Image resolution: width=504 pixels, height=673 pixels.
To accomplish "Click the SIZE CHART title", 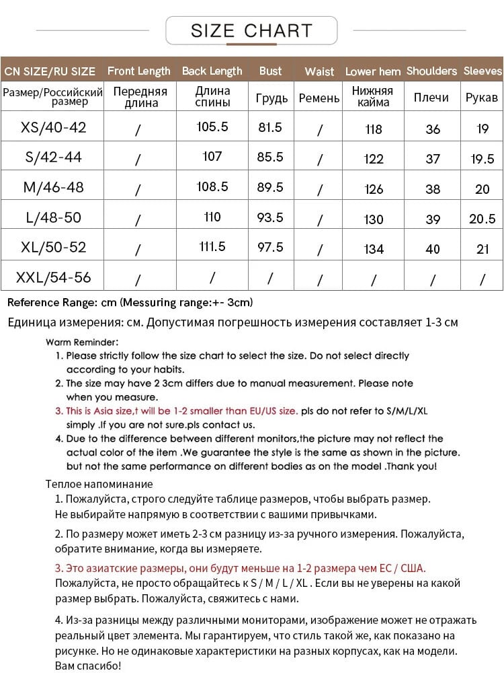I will click(251, 30).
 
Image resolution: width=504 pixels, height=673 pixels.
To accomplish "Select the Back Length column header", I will click(212, 71).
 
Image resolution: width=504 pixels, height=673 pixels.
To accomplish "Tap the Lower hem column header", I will click(372, 71).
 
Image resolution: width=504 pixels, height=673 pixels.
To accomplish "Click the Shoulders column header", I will click(431, 71).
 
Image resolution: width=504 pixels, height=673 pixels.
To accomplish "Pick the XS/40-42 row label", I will click(54, 127).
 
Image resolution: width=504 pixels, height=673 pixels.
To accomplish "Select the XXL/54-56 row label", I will click(53, 277).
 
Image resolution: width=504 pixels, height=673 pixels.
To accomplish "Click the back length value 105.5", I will click(212, 127).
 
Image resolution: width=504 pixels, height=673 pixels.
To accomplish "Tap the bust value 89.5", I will click(270, 187).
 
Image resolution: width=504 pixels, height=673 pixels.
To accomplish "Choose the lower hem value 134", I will click(373, 249).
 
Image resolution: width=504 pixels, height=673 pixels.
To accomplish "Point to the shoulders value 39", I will click(433, 219).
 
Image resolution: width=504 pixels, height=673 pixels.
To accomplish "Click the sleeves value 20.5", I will click(482, 218).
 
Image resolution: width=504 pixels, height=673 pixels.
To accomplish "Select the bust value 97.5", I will click(270, 247).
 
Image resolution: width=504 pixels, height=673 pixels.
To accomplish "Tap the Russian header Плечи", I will click(431, 98).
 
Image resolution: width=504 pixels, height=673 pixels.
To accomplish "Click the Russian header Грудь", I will click(271, 98).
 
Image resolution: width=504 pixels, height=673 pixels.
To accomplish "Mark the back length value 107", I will click(212, 156).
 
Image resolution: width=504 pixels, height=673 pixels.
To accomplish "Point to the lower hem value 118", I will click(373, 129).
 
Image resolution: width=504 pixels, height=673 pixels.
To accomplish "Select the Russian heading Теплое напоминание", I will click(99, 484).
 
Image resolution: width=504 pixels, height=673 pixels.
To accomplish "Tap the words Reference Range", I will click(46, 302).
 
